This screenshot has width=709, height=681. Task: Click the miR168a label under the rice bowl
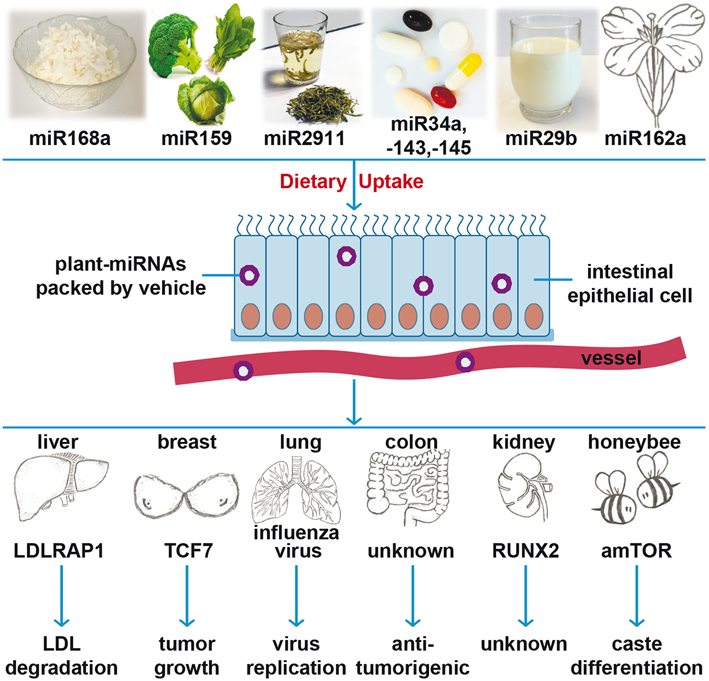[x=70, y=138]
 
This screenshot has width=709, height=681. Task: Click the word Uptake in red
[x=391, y=181]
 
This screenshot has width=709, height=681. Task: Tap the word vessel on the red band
[x=611, y=358]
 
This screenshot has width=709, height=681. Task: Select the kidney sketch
[x=523, y=487]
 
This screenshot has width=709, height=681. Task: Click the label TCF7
[x=189, y=551]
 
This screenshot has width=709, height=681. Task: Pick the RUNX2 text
[x=525, y=551]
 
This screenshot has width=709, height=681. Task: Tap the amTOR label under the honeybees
[x=636, y=551]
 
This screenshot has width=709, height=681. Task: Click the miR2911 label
[x=304, y=138]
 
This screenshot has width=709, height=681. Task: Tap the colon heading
[x=411, y=442]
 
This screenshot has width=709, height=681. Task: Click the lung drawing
[x=297, y=490]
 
